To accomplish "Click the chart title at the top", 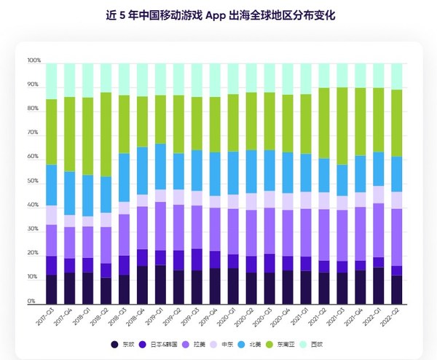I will pyautogui.click(x=219, y=14).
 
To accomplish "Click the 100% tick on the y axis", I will pyautogui.click(x=34, y=60).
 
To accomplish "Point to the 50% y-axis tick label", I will pyautogui.click(x=34, y=181).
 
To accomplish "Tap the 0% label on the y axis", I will pyautogui.click(x=32, y=301).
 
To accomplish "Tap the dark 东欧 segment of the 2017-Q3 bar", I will pyautogui.click(x=51, y=288).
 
